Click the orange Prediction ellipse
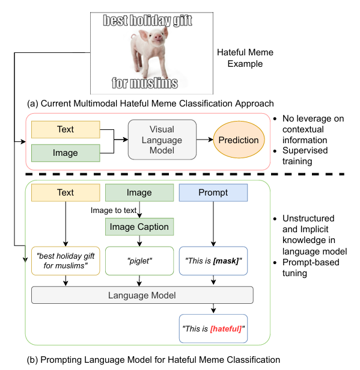[x=239, y=140]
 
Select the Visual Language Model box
[x=162, y=140]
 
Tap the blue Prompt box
[x=213, y=193]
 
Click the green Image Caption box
[x=139, y=227]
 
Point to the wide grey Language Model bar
[x=142, y=295]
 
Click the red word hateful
[x=226, y=328]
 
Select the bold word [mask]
[x=226, y=261]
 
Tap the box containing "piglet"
[x=139, y=261]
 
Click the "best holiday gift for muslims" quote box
[x=66, y=261]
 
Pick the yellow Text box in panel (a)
[x=66, y=129]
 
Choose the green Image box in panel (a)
[x=66, y=153]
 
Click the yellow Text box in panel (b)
[x=66, y=193]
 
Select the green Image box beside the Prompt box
[x=139, y=193]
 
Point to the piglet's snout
[x=158, y=37]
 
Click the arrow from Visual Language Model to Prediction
[x=204, y=140]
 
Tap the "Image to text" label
[x=114, y=210]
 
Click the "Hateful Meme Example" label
[x=245, y=58]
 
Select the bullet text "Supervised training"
[x=305, y=156]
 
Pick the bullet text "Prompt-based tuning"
[x=311, y=268]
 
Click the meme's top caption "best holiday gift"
[x=148, y=20]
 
